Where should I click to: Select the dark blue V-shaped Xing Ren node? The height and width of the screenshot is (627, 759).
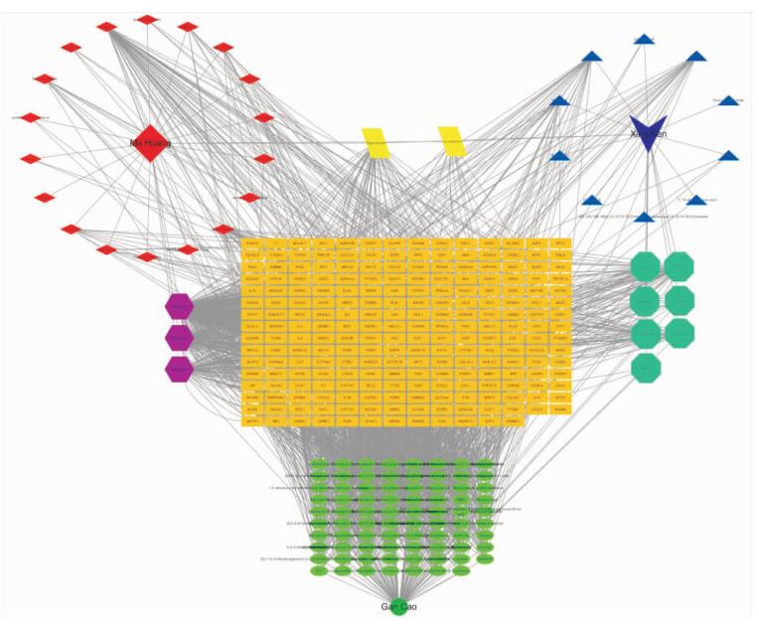648,133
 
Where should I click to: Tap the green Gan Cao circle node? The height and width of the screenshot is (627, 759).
398,606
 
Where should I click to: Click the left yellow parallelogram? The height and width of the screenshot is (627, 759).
376,142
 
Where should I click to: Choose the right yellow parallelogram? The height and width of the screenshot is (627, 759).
452,141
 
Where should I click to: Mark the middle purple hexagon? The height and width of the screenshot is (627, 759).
178,339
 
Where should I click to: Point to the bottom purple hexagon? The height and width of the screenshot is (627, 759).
178,370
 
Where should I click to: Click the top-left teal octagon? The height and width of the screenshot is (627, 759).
646,266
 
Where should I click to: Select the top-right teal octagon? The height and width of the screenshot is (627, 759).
679,266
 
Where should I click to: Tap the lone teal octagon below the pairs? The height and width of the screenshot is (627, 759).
646,368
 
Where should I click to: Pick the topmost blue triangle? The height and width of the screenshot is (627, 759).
644,39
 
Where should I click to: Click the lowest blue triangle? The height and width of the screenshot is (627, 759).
644,217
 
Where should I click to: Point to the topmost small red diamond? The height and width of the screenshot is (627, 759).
147,19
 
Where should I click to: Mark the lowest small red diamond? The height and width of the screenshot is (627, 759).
147,256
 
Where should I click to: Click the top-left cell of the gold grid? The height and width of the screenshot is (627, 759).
252,243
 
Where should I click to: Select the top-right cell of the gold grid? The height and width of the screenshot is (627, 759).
562,243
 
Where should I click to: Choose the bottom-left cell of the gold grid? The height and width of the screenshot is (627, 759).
252,421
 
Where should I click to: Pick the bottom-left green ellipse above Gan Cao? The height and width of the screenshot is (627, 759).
318,570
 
